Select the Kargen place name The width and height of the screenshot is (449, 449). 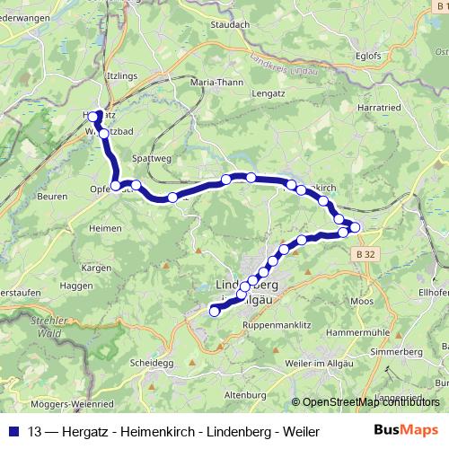coord(95,268)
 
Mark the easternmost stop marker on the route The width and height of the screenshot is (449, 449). coord(354,228)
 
